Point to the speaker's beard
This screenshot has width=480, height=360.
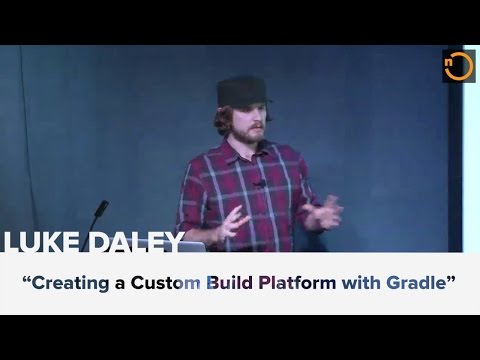coord(253,137)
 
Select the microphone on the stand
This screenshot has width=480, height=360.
coord(101,209)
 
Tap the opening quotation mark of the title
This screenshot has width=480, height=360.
coord(29,278)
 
